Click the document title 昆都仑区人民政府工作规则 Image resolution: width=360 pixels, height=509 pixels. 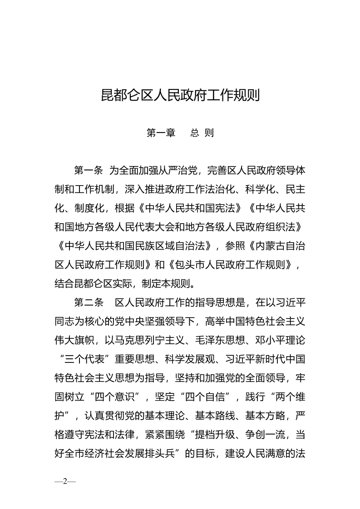(180, 96)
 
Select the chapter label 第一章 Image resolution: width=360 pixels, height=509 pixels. (161, 133)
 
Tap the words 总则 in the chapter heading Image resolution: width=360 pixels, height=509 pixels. (202, 133)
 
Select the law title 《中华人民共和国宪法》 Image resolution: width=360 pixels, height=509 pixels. (191, 209)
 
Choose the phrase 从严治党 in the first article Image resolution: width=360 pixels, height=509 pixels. (177, 171)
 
